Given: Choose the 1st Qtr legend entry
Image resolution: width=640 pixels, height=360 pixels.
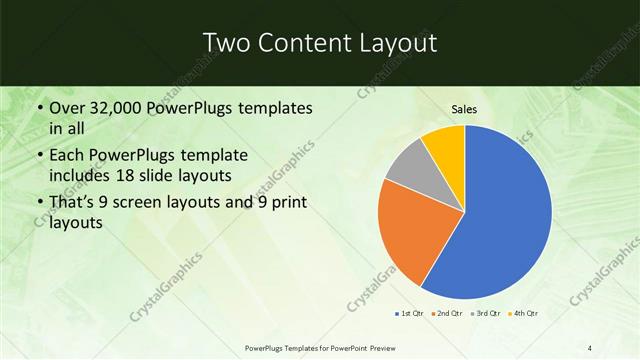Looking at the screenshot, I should tap(409, 314).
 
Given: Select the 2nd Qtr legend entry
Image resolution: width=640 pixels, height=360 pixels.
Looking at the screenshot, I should tap(447, 314).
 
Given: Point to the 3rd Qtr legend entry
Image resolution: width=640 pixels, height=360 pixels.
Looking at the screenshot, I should tap(485, 314).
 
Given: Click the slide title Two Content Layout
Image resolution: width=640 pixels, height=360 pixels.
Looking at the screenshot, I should tap(319, 43).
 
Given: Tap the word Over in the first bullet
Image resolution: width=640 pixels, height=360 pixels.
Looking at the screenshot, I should tap(67, 107).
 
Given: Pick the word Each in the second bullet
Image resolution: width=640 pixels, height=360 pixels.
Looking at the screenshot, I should tap(67, 155).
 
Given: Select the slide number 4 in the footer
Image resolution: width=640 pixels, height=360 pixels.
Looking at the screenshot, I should tap(590, 347).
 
